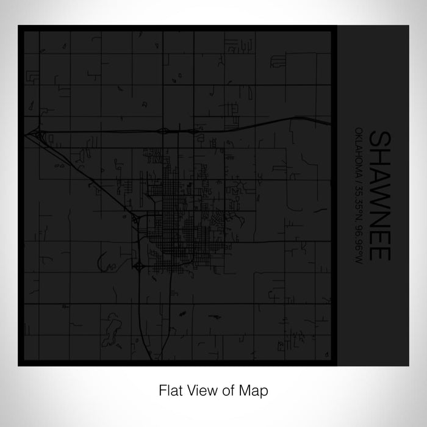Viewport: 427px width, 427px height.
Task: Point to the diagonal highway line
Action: pyautogui.click(x=85, y=177)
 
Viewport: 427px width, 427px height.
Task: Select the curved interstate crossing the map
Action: pyautogui.click(x=244, y=127)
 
